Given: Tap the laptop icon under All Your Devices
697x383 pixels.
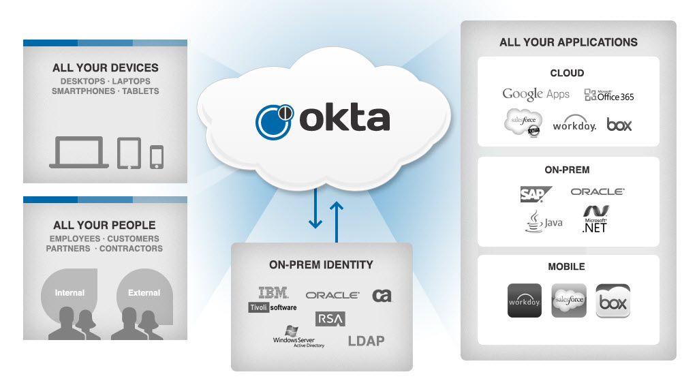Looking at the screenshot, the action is [x=79, y=152].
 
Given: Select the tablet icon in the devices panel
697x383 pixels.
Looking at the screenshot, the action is [x=129, y=153].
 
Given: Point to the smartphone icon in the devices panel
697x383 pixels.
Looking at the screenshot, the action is [x=157, y=157].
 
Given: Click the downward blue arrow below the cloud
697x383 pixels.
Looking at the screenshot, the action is [x=315, y=208].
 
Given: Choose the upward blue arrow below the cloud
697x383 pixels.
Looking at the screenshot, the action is [x=337, y=222].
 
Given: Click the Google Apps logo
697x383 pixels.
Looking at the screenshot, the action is [x=536, y=94].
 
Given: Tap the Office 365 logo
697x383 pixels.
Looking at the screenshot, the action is [x=609, y=95].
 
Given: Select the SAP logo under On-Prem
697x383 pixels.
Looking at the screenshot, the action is [x=536, y=194].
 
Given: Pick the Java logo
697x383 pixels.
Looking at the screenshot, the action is [x=544, y=221].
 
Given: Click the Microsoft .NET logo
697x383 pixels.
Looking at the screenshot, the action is [x=595, y=219].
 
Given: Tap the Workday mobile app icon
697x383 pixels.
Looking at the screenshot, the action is [x=525, y=301].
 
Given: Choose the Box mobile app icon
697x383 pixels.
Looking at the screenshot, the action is [x=613, y=301].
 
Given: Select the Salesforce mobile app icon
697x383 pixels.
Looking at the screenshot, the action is [x=569, y=301].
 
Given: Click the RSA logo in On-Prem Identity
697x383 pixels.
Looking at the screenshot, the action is [x=330, y=319].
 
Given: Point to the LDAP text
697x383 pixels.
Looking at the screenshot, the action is [x=367, y=341].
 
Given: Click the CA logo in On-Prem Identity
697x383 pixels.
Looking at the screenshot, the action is [x=382, y=295].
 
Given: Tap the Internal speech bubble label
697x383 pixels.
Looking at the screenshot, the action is [x=69, y=292].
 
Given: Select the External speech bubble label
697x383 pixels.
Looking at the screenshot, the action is [x=144, y=292].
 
